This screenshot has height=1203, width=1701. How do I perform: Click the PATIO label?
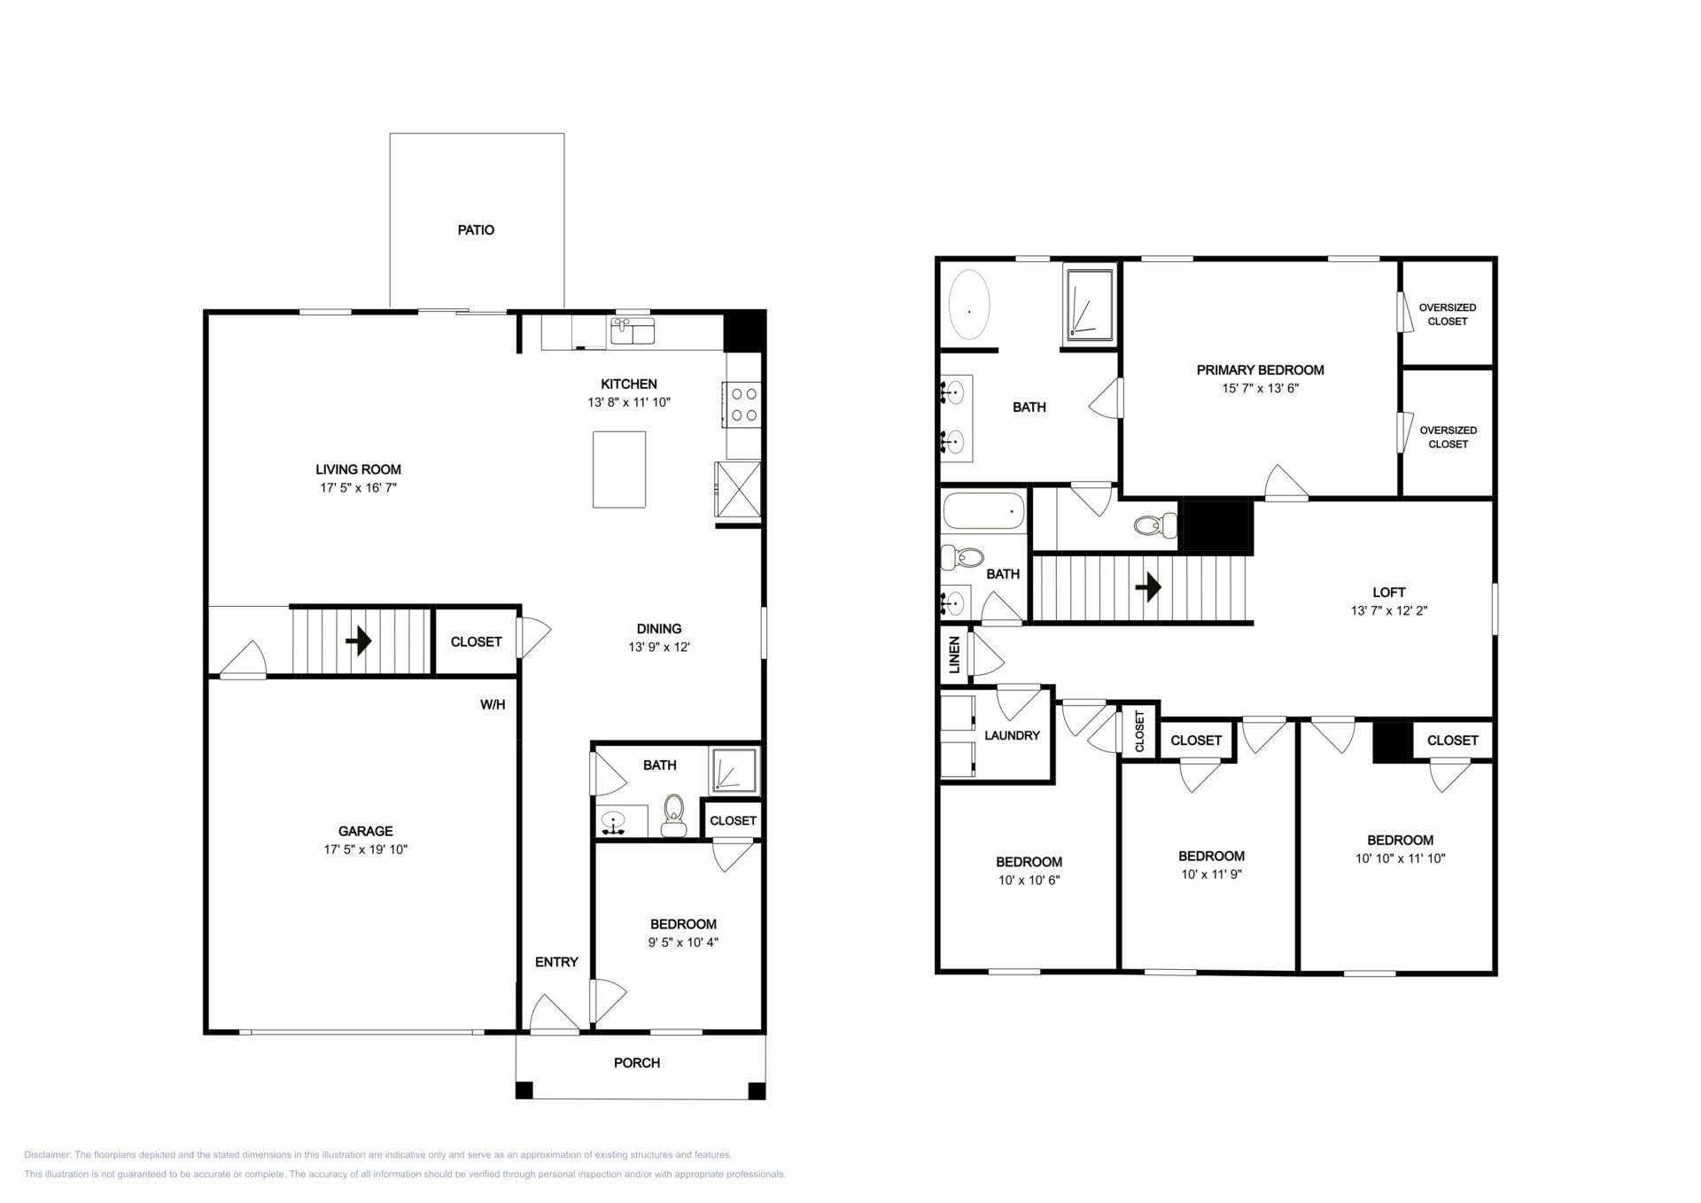click(476, 230)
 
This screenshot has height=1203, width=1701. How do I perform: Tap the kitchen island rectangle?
click(619, 470)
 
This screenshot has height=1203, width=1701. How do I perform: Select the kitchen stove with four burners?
click(742, 404)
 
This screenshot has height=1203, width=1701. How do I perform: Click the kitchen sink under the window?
click(633, 333)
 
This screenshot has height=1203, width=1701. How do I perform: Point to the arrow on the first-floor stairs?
click(359, 640)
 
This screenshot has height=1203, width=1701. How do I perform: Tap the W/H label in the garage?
click(493, 705)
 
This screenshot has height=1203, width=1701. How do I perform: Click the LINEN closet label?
click(955, 655)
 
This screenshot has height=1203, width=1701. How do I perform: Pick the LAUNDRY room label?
click(1012, 735)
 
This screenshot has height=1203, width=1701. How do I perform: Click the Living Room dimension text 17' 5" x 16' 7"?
click(358, 487)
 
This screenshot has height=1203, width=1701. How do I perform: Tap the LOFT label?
click(1389, 593)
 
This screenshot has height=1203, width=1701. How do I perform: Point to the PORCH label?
click(637, 1063)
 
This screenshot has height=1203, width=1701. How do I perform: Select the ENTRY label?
click(556, 962)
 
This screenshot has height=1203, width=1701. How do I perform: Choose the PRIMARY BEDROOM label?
click(1260, 370)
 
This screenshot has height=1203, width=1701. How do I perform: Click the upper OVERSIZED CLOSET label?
click(1448, 314)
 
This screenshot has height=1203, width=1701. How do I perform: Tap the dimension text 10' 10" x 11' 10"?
click(1401, 858)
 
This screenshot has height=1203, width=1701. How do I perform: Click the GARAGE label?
click(365, 831)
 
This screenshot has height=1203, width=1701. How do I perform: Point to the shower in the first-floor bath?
click(734, 770)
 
